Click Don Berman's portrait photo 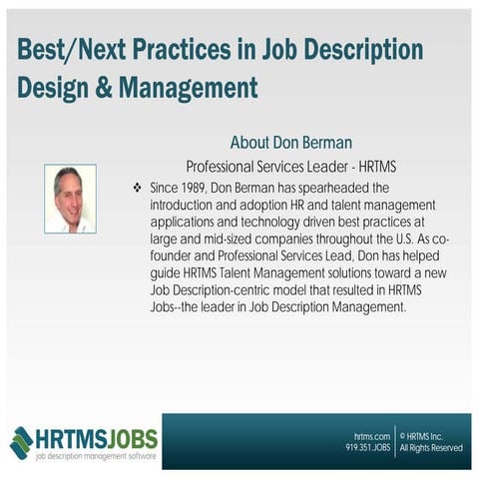coord(70,199)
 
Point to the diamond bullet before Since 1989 coord(137,188)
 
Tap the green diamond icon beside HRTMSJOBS coord(21,442)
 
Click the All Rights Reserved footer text coord(431,449)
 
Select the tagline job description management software coord(95,456)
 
